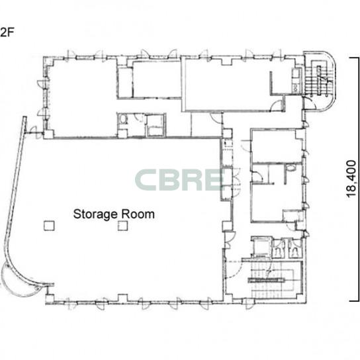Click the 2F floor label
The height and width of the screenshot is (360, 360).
pos(7,32)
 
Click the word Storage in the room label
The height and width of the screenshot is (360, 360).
pos(95,214)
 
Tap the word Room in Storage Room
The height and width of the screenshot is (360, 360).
pos(138,214)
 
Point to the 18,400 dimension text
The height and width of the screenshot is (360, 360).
pos(351,179)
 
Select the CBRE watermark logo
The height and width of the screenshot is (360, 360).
pos(179,180)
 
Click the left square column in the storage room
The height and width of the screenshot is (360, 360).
pos(49,226)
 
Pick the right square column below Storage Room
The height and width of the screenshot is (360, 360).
pos(123,226)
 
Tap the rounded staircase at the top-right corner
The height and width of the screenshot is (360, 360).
pos(320,81)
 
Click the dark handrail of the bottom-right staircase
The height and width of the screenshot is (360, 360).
pos(266,280)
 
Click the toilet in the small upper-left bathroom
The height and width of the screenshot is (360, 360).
pos(123,119)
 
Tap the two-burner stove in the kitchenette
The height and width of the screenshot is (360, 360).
pos(296,88)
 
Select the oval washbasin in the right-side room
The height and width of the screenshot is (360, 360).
pos(291,167)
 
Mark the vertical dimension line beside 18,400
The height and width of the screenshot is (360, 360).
pos(355,179)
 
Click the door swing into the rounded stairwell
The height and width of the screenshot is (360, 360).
pos(309,103)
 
